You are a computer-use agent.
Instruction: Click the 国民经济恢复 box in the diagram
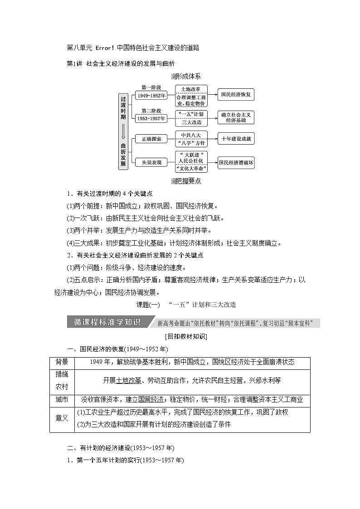(x=236, y=95)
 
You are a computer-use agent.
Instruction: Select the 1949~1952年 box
(x=151, y=95)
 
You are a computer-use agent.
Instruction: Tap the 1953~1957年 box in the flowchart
(x=151, y=118)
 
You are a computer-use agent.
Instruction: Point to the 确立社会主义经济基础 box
(x=236, y=117)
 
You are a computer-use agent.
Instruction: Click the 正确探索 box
(x=151, y=139)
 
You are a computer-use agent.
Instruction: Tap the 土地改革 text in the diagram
(x=191, y=89)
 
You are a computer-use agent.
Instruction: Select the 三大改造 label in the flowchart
(x=191, y=122)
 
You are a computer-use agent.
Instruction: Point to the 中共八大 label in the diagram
(x=191, y=135)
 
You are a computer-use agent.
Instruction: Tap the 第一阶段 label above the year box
(x=151, y=87)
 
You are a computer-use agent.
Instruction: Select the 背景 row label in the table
(x=62, y=362)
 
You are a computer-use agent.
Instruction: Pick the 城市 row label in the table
(x=62, y=399)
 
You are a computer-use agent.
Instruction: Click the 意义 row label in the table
(x=62, y=418)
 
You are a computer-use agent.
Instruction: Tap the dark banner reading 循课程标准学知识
(x=107, y=323)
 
